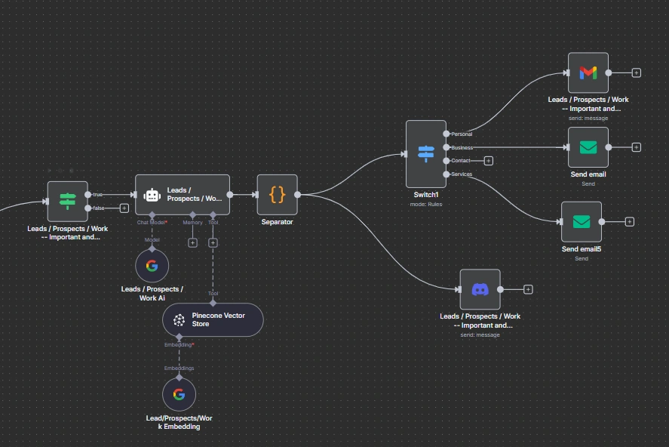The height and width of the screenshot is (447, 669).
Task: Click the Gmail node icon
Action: [x=588, y=72]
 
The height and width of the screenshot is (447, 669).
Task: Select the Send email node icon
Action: [x=588, y=147]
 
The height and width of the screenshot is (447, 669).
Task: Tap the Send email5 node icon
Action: [x=582, y=222]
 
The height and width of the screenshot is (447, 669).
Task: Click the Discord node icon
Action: [x=480, y=289]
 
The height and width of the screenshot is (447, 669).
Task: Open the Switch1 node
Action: [x=425, y=154]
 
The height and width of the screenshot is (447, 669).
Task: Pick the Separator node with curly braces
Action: [x=278, y=195]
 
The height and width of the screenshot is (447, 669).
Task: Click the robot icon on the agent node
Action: [x=152, y=195]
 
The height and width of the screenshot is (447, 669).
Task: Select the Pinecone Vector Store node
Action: [x=213, y=319]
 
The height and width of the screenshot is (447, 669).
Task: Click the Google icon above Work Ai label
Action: [x=152, y=266]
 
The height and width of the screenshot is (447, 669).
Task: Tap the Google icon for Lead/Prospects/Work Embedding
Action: [x=179, y=394]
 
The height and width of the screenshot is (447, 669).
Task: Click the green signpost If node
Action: [x=68, y=201]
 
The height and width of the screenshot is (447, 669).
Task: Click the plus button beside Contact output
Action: [x=489, y=161]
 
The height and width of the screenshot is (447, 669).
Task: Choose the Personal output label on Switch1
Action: [x=462, y=134]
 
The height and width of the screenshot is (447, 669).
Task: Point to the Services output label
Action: [x=462, y=174]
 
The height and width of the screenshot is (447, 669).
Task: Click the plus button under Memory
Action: [x=192, y=243]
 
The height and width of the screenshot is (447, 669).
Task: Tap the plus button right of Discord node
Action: [x=528, y=289]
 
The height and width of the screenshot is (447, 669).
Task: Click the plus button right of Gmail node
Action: [x=637, y=73]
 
